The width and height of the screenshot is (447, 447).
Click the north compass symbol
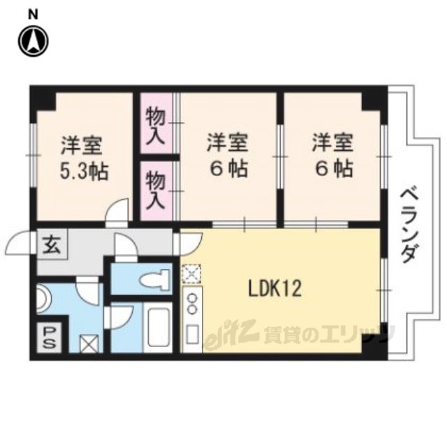pyautogui.click(x=34, y=42)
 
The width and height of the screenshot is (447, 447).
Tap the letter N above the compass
pyautogui.click(x=34, y=15)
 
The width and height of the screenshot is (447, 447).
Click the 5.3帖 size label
pyautogui.click(x=84, y=172)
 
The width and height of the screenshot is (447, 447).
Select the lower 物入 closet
pyautogui.click(x=156, y=191)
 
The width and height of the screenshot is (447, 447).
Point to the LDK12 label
pyautogui.click(x=274, y=288)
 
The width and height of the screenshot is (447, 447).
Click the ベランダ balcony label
pyautogui.click(x=410, y=226)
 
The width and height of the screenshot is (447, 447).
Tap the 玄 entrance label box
pyautogui.click(x=52, y=246)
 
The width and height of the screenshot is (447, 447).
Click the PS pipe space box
pyautogui.click(x=49, y=338)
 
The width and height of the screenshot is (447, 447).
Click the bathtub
pyautogui.click(x=158, y=328)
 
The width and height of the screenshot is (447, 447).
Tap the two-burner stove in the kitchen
pyautogui.click(x=193, y=304)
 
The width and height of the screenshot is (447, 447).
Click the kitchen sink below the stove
pyautogui.click(x=192, y=334)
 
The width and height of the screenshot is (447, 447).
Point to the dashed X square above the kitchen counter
pyautogui.click(x=191, y=274)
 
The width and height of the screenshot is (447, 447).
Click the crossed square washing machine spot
pyautogui.click(x=89, y=344)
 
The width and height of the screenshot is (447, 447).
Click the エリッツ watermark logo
pyautogui.click(x=300, y=334)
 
